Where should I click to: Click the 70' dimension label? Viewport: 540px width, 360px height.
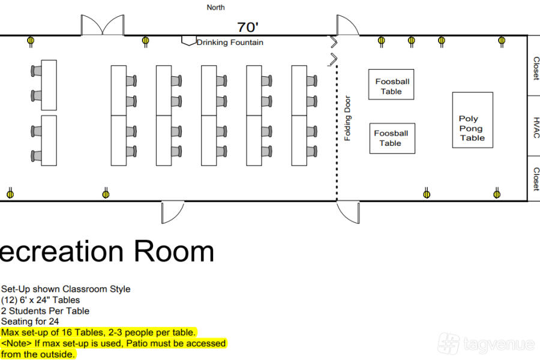pos(248,27)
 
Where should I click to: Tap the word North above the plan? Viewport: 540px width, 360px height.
pos(215,7)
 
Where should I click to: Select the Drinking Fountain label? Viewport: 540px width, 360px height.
pos(230,43)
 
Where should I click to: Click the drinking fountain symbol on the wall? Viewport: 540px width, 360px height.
pos(189,41)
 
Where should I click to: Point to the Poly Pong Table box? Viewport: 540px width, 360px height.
pos(473,120)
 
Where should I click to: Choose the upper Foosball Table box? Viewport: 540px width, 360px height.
pos(391,85)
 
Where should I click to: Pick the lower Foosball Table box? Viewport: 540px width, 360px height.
pos(392,138)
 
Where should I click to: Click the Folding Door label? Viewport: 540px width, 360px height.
pos(347,118)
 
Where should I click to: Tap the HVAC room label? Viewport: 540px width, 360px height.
pos(536,127)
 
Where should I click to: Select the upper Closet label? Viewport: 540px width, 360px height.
pos(536,68)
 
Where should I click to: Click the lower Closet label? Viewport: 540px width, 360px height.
pos(536,179)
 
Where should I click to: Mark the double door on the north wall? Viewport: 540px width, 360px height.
pos(102,25)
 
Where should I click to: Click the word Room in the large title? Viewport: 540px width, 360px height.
pos(174,251)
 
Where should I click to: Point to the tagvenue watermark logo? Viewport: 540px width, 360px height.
pos(486,343)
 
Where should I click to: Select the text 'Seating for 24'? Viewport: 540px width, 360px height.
pos(30,322)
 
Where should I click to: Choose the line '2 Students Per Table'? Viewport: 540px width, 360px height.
pos(45,311)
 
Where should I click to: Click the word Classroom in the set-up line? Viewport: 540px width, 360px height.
pos(85,289)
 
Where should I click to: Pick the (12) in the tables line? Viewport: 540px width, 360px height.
pos(9,300)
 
